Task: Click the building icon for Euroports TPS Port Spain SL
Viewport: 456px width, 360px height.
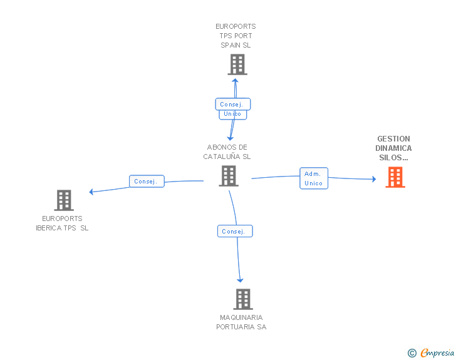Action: pyautogui.click(x=237, y=64)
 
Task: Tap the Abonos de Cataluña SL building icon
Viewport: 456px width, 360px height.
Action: pyautogui.click(x=229, y=176)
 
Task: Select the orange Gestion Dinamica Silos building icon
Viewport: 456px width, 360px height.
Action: pyautogui.click(x=395, y=177)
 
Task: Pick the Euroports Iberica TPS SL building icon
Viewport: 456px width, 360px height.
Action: pyautogui.click(x=63, y=200)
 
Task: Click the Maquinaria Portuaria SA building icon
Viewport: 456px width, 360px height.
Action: pyautogui.click(x=243, y=299)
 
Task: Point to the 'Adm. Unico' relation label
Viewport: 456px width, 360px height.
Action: pyautogui.click(x=313, y=178)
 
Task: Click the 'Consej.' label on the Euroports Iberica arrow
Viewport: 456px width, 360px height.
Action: pyautogui.click(x=147, y=182)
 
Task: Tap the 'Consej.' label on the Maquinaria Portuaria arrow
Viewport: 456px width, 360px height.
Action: pyautogui.click(x=235, y=231)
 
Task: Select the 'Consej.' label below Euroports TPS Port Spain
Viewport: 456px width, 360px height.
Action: pyautogui.click(x=233, y=104)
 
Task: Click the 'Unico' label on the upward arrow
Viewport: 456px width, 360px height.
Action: pyautogui.click(x=232, y=114)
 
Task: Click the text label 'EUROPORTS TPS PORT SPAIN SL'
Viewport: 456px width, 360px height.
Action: pyautogui.click(x=236, y=36)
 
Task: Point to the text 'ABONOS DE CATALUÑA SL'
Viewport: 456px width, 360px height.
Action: pyautogui.click(x=227, y=152)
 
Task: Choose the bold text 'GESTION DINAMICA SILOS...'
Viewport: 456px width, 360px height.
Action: pyautogui.click(x=393, y=148)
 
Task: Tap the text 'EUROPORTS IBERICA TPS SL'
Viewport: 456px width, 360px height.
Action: pyautogui.click(x=62, y=224)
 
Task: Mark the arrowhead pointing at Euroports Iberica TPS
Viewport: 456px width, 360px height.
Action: pyautogui.click(x=91, y=192)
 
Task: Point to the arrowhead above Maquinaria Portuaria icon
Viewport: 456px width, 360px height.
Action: pyautogui.click(x=240, y=280)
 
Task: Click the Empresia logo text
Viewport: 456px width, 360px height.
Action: pyautogui.click(x=437, y=353)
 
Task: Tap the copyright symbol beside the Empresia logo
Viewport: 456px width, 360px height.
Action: pyautogui.click(x=412, y=353)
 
